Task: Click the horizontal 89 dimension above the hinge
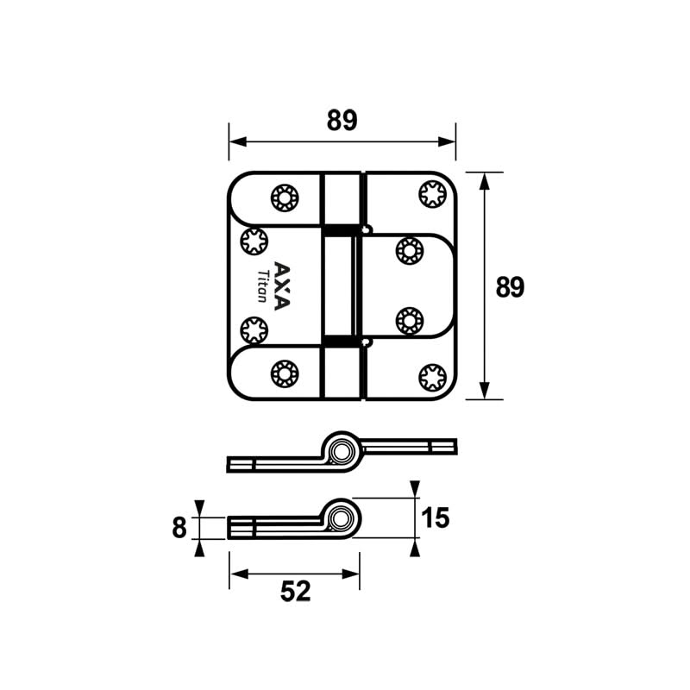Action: tap(342, 122)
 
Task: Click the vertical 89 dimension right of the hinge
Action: tap(510, 286)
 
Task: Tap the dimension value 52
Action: tap(294, 592)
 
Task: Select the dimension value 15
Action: tap(436, 517)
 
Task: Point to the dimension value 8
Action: tap(179, 527)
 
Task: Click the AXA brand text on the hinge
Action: tap(282, 285)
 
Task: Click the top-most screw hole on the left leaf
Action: tap(283, 198)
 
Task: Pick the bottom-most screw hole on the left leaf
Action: tap(283, 373)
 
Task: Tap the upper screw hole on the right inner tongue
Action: tap(408, 251)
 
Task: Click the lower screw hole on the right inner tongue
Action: tap(408, 321)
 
